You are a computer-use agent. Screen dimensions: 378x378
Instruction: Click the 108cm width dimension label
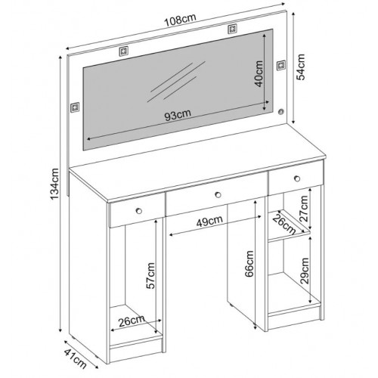point(180,20)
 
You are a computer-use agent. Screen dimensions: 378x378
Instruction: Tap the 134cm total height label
point(54,184)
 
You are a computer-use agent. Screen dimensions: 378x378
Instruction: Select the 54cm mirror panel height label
point(300,67)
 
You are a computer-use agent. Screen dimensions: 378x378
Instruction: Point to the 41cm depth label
point(76,358)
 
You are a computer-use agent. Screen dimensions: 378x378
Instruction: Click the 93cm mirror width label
point(178,115)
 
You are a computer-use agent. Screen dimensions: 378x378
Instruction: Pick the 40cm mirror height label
point(259,74)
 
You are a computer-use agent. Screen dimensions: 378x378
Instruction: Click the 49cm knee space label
point(209,222)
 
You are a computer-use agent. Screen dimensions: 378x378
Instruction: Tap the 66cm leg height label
point(249,264)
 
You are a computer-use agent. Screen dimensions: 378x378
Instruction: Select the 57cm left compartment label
point(150,275)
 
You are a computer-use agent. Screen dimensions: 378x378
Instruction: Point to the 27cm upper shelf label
point(304,209)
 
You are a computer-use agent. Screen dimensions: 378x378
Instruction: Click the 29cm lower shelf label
point(305,271)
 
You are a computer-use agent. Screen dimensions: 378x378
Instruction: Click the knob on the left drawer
point(138,211)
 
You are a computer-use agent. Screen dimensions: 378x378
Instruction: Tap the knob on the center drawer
point(218,194)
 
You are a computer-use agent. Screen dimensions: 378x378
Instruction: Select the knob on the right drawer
point(297,178)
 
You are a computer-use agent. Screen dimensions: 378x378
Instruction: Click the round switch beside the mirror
point(281,112)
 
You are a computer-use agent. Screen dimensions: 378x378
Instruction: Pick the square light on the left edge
point(75,107)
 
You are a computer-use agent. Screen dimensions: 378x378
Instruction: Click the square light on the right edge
point(281,66)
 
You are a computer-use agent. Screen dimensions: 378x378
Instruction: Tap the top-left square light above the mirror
point(123,51)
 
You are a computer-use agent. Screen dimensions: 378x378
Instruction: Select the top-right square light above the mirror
point(232,29)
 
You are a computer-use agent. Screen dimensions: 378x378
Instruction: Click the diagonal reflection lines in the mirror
point(176,81)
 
